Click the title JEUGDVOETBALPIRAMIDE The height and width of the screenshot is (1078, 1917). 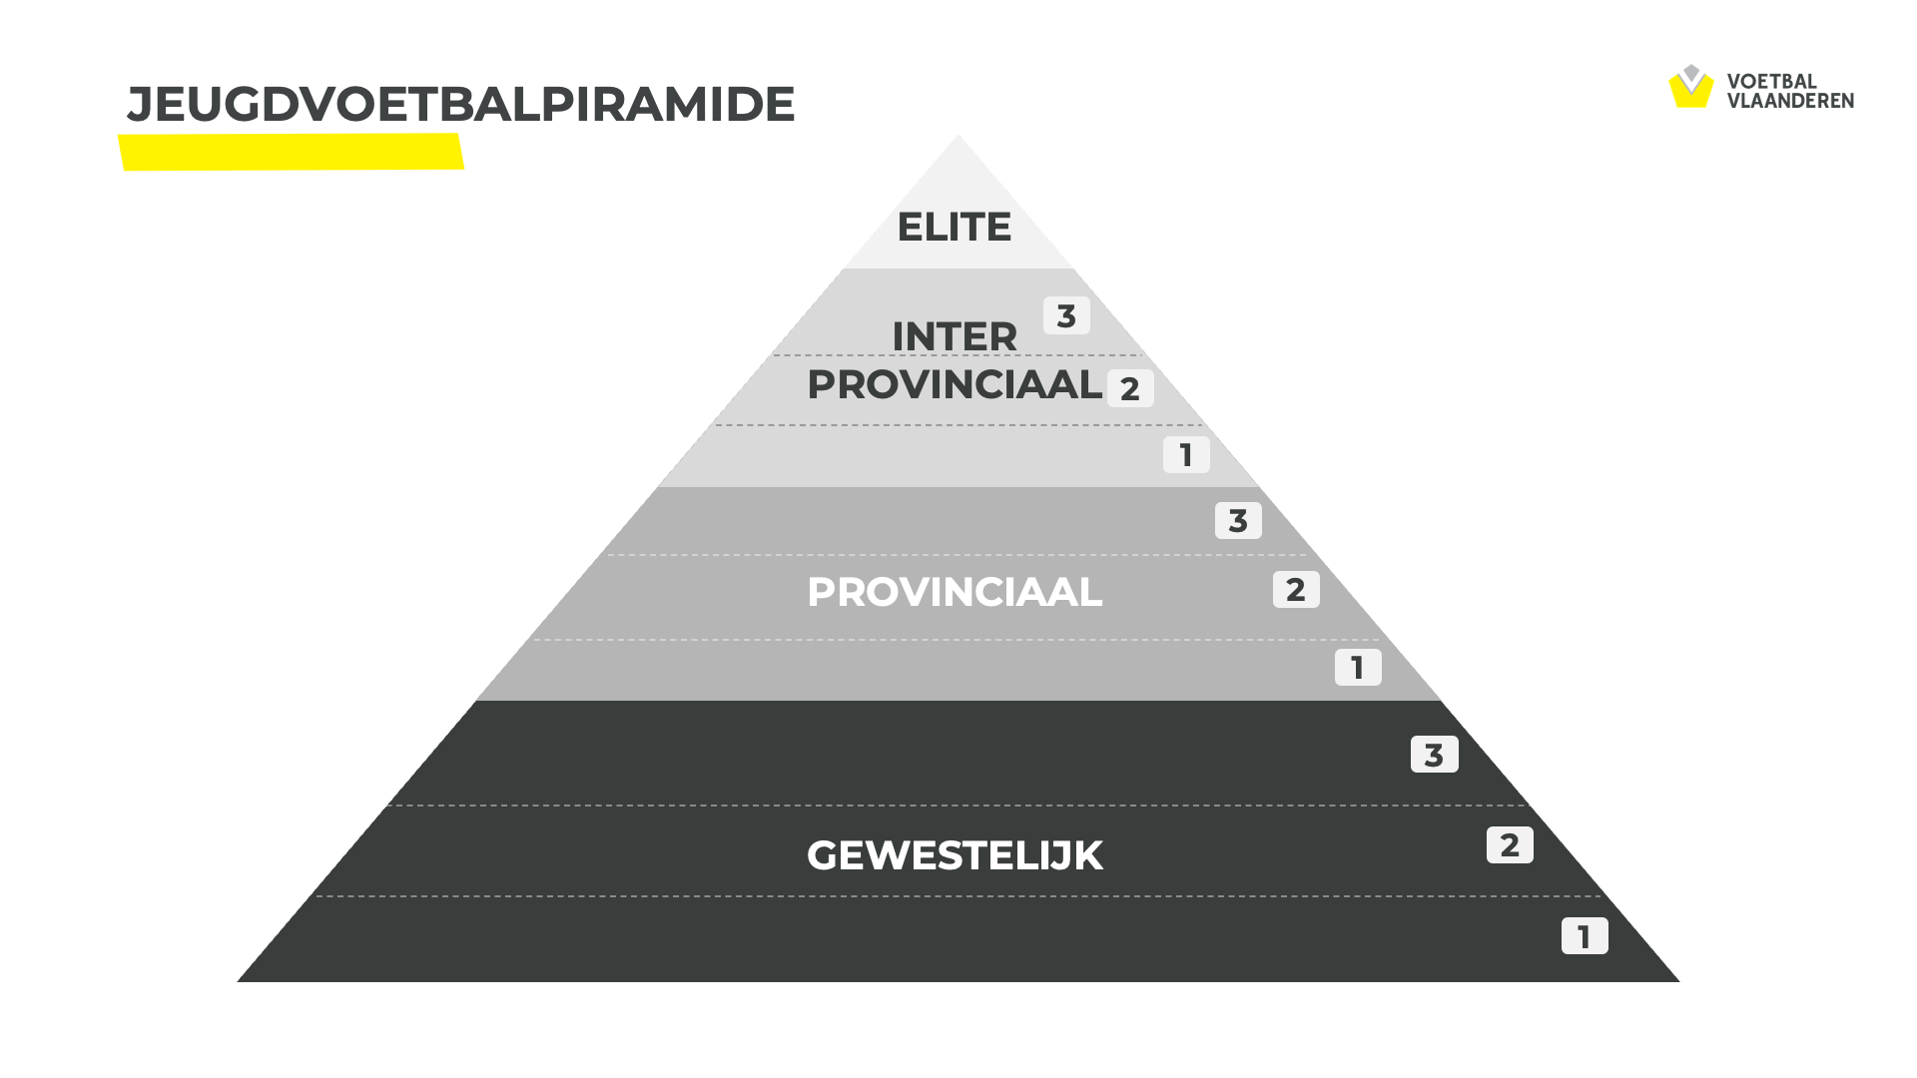460,105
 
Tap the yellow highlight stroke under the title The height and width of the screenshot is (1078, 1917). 291,153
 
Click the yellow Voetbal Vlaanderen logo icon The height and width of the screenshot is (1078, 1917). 1691,87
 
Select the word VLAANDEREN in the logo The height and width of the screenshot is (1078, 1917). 1790,101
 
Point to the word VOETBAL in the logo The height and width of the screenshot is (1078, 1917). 1771,82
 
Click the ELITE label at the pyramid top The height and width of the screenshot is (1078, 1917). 955,228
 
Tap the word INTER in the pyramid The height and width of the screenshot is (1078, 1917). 955,337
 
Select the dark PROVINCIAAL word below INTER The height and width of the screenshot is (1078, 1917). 955,385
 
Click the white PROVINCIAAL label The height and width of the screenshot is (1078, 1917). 955,593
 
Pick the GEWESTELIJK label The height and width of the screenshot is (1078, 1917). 955,856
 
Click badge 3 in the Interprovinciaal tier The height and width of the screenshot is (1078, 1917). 1066,315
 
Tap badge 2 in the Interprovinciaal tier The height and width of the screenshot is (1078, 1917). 1130,388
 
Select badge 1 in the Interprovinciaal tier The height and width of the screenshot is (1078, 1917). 1186,455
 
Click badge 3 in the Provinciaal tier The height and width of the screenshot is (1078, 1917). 1238,520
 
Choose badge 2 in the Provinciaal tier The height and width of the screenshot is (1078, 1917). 1296,589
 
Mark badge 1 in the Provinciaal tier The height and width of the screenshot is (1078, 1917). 1358,667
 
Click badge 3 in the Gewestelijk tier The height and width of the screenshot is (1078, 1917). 1434,755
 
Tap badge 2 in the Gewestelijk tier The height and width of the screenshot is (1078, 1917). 1510,844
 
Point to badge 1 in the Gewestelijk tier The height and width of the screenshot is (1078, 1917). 1585,936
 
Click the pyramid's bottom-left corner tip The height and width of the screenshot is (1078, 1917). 238,981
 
